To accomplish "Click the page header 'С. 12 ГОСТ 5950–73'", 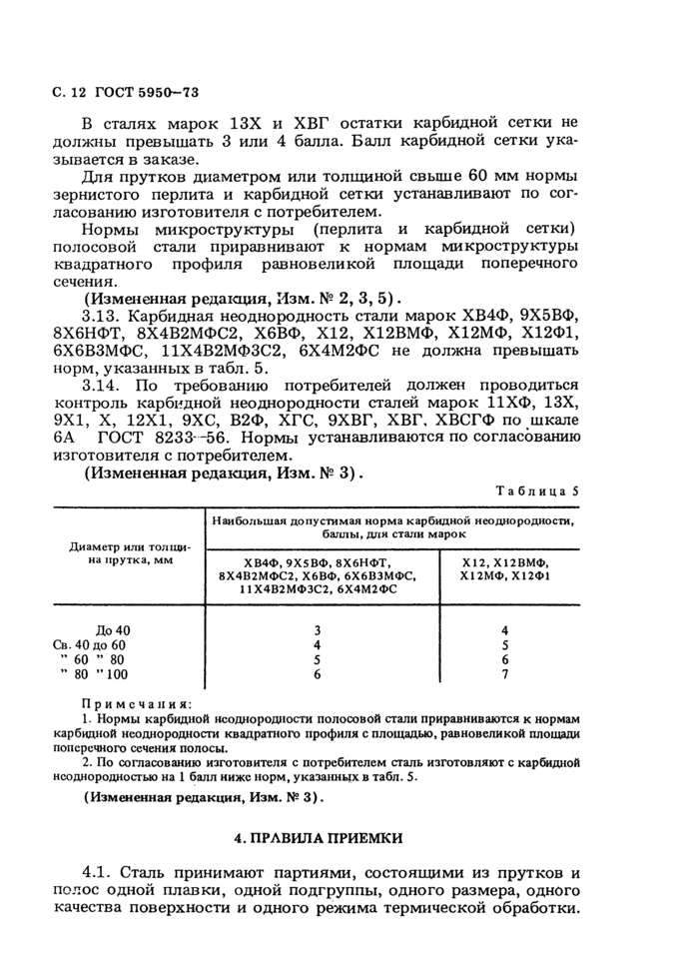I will [x=125, y=93].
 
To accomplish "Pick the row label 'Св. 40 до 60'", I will [x=96, y=645].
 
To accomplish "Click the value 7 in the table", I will [x=505, y=674].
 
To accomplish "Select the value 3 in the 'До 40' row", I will [x=317, y=630].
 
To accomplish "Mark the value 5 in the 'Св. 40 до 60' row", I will [x=505, y=645].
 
